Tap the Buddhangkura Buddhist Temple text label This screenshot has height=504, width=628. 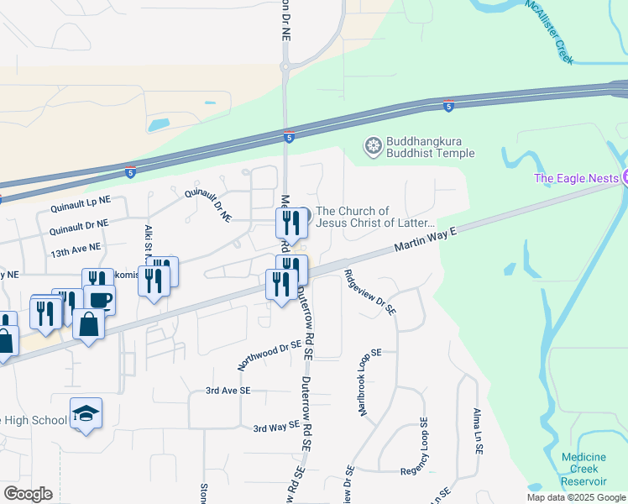(x=430, y=147)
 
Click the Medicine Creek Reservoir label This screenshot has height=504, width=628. (x=584, y=469)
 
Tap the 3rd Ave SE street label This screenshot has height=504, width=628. (x=228, y=391)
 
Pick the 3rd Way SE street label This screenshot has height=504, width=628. (x=276, y=428)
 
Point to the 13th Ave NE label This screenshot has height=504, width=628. (x=75, y=249)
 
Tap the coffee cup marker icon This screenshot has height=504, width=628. (x=99, y=299)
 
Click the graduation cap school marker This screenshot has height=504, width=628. (x=86, y=412)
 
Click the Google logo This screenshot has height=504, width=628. (x=28, y=494)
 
